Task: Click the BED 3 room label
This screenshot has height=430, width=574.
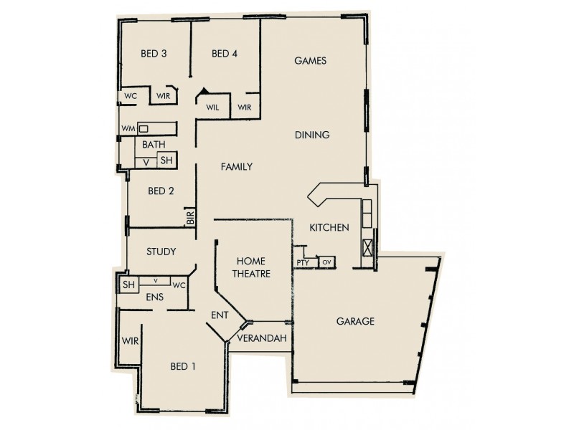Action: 154,54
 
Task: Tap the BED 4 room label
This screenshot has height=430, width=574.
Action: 225,54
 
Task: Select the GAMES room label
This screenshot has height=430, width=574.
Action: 311,61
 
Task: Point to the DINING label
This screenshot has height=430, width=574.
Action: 311,135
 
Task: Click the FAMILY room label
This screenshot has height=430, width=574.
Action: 236,167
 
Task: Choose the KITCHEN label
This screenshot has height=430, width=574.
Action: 329,228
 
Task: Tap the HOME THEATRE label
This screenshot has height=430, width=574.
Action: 250,267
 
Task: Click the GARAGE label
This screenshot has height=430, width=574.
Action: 355,322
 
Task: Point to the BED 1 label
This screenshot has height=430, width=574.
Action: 183,367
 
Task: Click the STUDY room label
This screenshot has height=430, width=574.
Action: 161,252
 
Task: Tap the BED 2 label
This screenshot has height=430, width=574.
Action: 161,191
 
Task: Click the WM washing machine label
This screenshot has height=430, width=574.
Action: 128,128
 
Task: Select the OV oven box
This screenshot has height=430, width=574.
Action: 326,262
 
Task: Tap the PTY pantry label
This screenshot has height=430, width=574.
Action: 303,263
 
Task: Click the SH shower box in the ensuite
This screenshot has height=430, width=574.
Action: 128,285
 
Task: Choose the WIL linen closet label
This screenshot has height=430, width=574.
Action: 212,107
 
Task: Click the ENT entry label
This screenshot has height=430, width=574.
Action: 220,315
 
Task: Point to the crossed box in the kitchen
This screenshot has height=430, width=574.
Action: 368,248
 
